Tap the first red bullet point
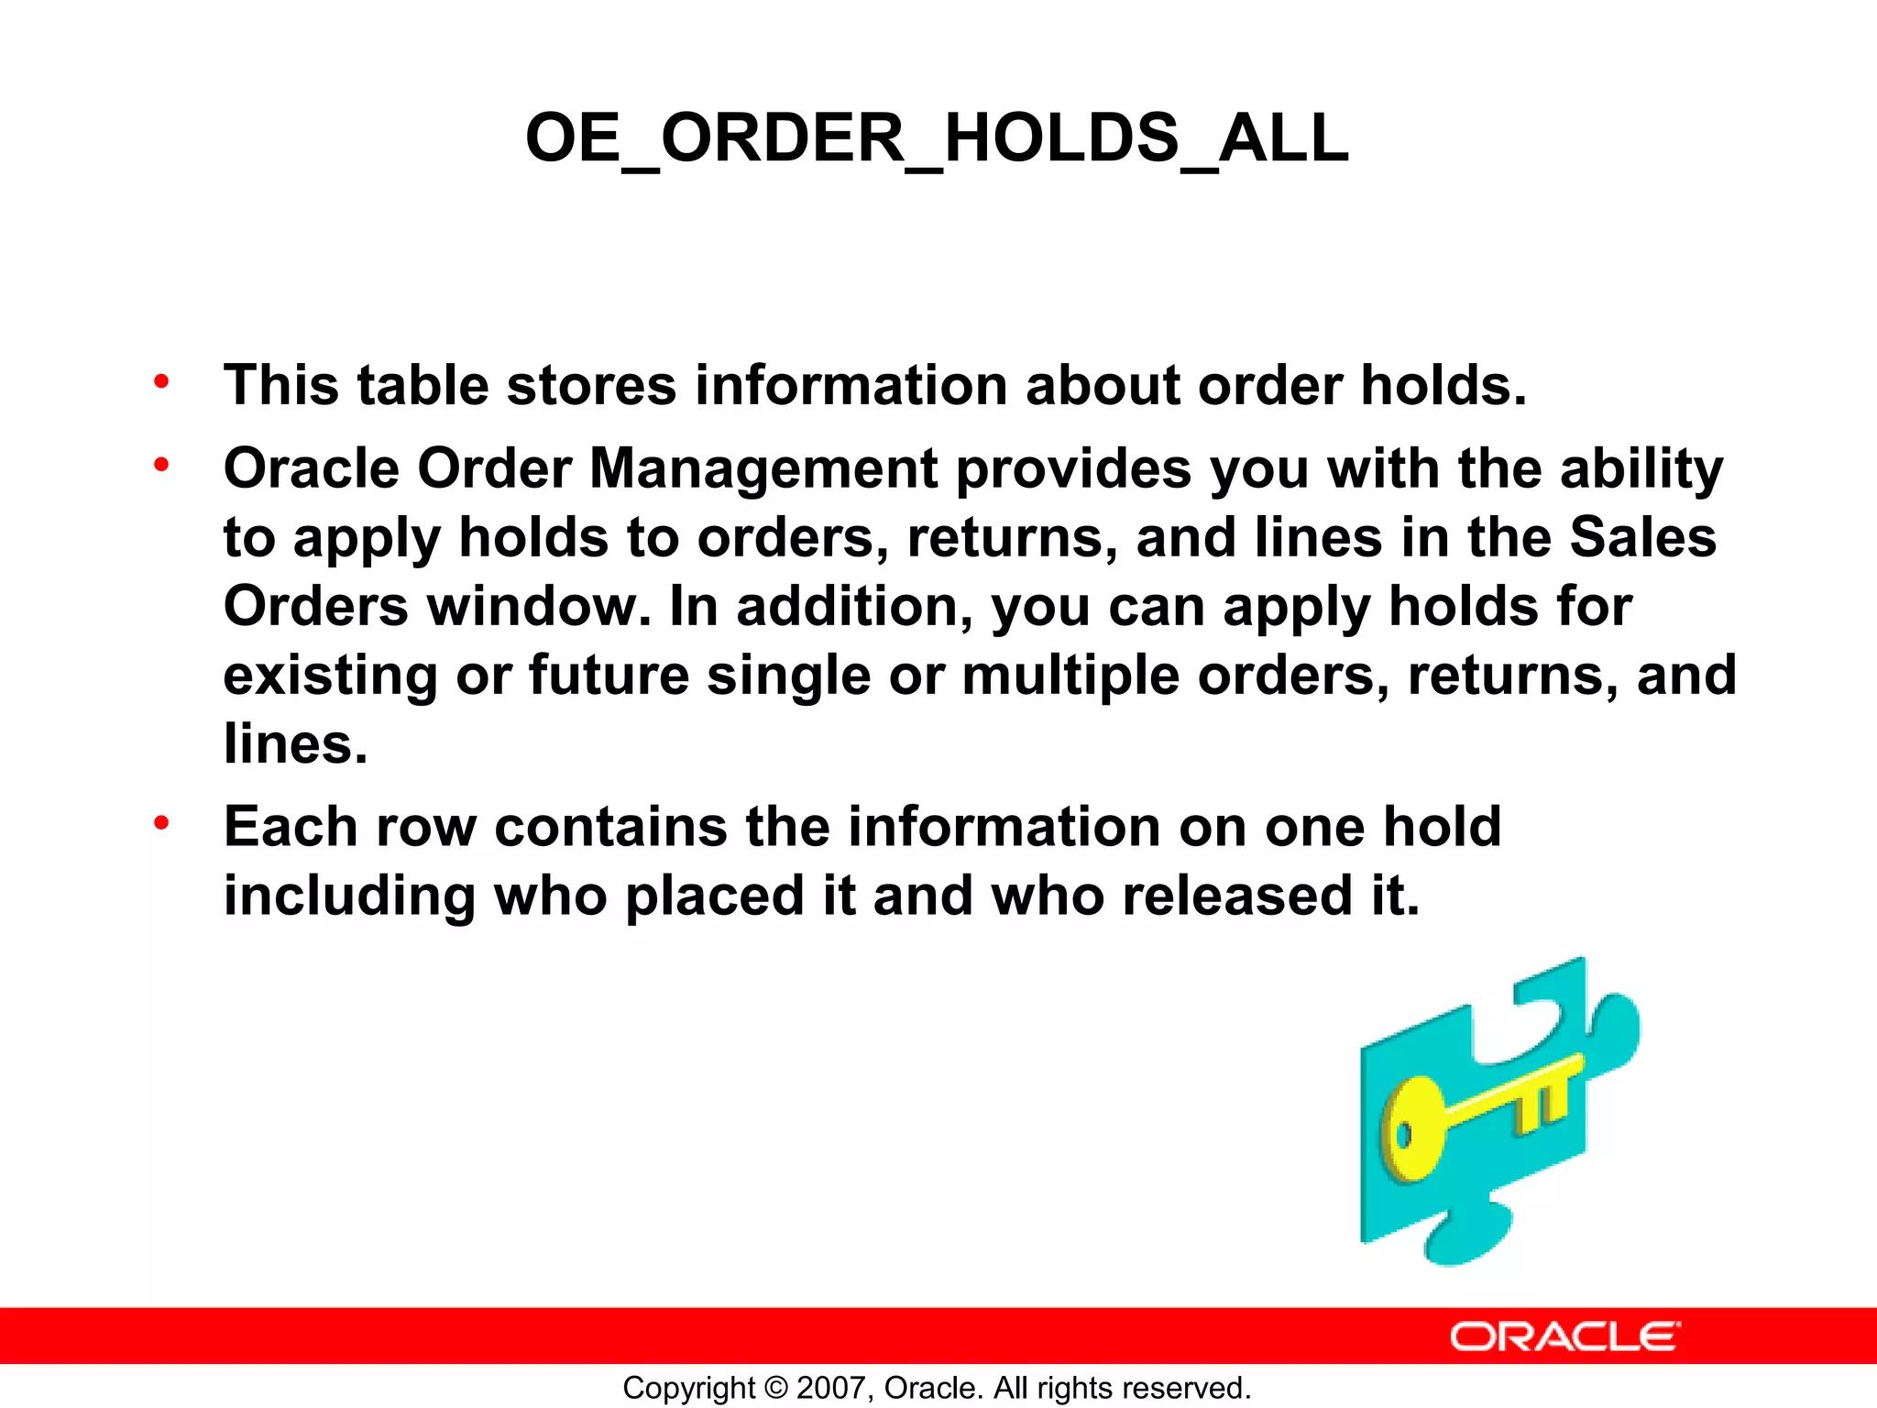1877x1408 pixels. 162,381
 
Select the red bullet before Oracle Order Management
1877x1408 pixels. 162,466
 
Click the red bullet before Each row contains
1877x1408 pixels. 162,823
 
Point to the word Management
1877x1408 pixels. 763,469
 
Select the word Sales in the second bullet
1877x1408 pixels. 1642,538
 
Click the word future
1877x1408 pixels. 609,676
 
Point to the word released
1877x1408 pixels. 1236,896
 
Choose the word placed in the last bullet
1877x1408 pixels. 714,896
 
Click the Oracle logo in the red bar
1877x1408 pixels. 1564,1337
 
